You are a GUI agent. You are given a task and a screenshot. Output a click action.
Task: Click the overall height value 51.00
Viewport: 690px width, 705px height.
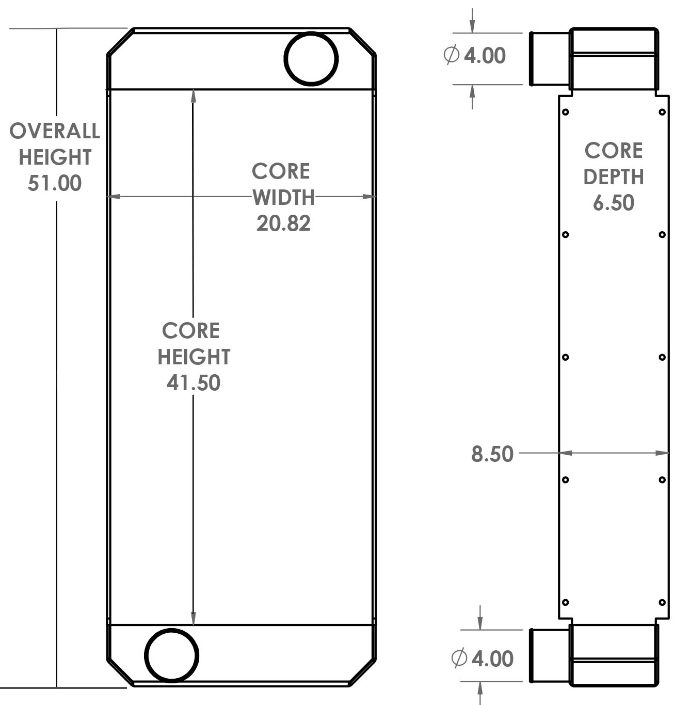(54, 183)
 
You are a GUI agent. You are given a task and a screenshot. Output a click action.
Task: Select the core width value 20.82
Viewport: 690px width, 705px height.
(283, 223)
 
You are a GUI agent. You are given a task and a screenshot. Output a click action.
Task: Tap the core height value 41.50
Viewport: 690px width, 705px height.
(194, 383)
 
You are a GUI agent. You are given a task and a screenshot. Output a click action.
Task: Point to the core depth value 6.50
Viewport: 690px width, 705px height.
(613, 203)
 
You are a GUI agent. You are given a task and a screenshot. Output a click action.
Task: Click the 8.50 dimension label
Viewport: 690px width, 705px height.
(492, 454)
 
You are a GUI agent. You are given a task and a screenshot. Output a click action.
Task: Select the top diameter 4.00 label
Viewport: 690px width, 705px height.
(484, 56)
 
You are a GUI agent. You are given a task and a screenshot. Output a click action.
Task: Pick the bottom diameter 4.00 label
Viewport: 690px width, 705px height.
(492, 659)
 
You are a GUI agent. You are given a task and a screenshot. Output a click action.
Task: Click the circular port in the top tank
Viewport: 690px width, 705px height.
(311, 58)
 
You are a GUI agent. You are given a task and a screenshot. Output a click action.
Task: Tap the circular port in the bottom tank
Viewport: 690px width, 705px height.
(171, 655)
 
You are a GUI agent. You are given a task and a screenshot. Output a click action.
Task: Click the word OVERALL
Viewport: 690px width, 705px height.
(55, 131)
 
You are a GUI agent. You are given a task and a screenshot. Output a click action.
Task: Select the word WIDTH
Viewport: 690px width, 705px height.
(283, 197)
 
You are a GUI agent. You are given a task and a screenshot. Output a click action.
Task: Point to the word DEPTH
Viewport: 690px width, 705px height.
(613, 177)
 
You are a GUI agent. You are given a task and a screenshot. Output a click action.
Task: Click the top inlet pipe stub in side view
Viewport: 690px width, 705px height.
(550, 58)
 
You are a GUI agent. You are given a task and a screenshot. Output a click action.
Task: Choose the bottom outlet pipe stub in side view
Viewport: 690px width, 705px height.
(550, 655)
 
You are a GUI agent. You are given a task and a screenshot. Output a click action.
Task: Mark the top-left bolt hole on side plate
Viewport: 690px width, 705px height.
(566, 112)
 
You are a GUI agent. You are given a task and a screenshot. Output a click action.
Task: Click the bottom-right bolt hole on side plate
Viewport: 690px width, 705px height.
(662, 602)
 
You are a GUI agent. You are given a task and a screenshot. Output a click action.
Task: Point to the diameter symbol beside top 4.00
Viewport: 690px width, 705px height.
(451, 55)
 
